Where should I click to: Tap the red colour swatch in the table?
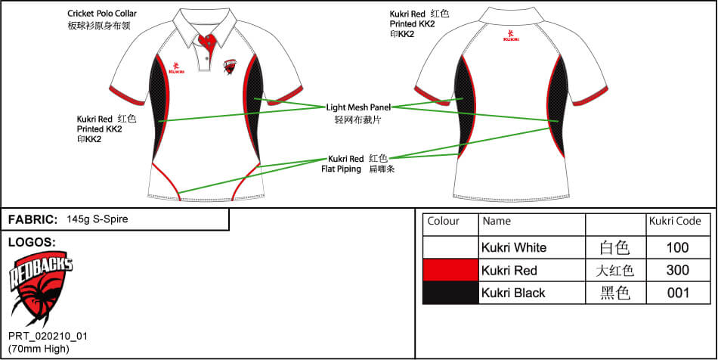coord(450,270)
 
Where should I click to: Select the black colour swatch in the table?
coord(450,293)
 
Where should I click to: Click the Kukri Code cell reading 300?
coord(678,270)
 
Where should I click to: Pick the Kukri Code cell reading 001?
coord(678,293)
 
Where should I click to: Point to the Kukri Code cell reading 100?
coord(678,247)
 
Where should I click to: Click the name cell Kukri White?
coord(514,247)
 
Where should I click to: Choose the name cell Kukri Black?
coord(513,293)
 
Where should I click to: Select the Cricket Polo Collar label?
coord(103,14)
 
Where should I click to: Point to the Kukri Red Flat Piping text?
coord(345,164)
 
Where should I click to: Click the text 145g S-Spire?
coord(97,219)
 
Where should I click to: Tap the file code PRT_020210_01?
coord(48,336)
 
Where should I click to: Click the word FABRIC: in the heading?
coord(32,219)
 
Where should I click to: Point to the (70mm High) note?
coord(39,348)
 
